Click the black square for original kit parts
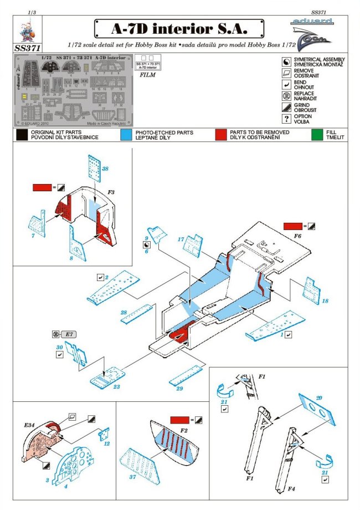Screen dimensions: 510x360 point(22,134)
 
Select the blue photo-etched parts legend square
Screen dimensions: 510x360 point(126,134)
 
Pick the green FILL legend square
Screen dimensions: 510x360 point(316,134)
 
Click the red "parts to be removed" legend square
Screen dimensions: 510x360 point(222,134)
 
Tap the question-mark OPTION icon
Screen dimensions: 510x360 point(286,118)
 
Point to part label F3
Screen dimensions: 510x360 point(111,192)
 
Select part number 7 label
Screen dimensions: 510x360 point(33,236)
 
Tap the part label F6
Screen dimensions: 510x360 point(298,236)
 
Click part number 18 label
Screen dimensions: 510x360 point(325,300)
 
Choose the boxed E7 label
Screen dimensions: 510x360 point(70,334)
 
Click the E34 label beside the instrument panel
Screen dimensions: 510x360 point(30,425)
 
